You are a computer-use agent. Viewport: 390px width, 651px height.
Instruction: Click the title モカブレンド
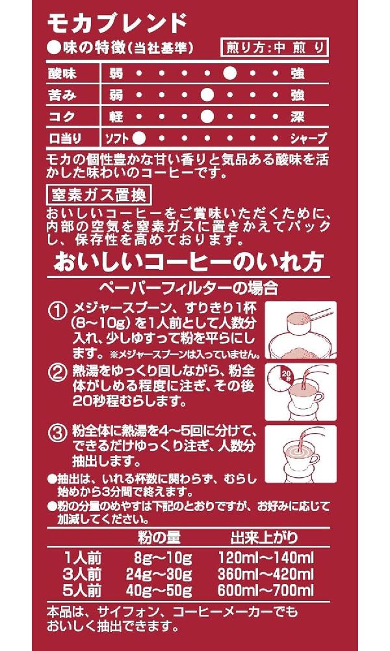tap(118, 23)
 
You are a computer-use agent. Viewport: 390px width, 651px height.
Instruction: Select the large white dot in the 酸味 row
tap(229, 74)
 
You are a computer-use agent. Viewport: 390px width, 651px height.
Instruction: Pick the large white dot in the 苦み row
tap(207, 95)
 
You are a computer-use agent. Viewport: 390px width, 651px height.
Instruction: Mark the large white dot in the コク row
tap(207, 117)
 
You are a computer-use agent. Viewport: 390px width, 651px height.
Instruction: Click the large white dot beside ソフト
tap(139, 138)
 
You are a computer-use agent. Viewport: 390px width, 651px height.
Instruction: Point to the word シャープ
tap(308, 138)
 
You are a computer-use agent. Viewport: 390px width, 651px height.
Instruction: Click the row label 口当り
tap(65, 138)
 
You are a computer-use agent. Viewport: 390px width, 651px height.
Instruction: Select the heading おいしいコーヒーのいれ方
tap(188, 262)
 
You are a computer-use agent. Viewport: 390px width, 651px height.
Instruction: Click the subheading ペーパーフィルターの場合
tap(188, 287)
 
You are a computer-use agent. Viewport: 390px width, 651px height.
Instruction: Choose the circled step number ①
tap(58, 311)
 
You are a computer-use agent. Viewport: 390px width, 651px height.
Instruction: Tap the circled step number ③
tap(58, 433)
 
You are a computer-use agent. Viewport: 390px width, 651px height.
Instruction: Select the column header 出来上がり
tap(264, 538)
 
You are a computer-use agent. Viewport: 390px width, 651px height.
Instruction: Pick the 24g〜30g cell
tap(159, 575)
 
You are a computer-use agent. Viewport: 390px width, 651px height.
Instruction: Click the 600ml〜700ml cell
tap(266, 590)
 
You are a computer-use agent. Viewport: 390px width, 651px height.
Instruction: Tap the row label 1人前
tap(83, 559)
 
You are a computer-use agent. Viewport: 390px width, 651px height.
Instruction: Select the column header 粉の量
tap(159, 538)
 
